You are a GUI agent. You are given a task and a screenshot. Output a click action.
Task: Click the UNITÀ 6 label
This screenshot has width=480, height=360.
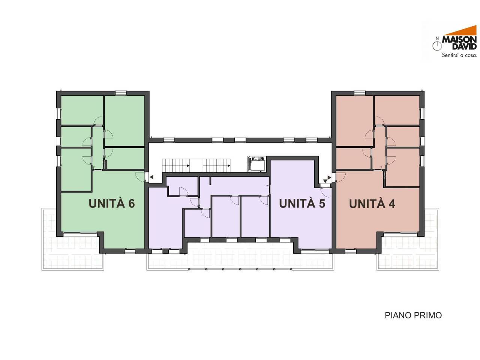[111, 203]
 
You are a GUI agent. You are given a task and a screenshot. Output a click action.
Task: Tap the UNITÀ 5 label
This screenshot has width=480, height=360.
[302, 203]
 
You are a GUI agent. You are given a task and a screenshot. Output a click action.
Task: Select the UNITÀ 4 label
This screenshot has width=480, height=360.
[372, 204]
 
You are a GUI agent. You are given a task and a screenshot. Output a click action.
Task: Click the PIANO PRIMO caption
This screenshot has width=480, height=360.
[413, 315]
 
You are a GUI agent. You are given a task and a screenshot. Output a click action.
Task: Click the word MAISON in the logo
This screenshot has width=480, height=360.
[459, 40]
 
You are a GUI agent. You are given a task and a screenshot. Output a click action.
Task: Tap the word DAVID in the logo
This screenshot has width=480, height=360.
[464, 46]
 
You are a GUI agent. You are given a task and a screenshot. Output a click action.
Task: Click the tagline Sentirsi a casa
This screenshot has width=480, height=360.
[459, 55]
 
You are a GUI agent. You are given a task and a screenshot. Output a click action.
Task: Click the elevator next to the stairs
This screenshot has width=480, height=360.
[256, 164]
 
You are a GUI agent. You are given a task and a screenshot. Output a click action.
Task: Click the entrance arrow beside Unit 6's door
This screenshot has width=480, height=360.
[151, 177]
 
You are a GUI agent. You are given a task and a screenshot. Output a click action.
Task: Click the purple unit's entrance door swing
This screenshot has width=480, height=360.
[325, 192]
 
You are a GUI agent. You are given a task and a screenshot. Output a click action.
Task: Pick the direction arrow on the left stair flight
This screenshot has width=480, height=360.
[188, 165]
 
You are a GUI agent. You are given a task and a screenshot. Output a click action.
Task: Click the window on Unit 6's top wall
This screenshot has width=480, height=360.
[121, 93]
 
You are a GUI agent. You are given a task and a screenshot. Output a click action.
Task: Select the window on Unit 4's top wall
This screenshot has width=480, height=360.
[360, 93]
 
